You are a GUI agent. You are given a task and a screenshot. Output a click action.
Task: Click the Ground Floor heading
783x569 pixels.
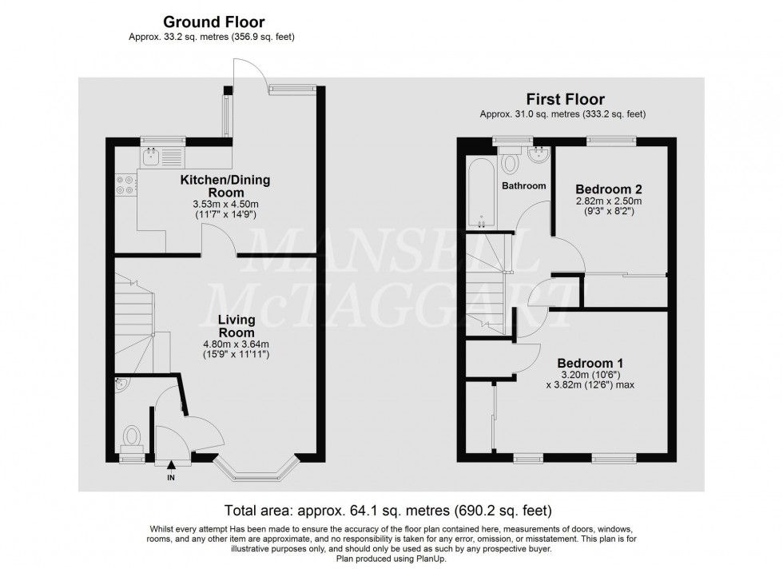[x=214, y=22]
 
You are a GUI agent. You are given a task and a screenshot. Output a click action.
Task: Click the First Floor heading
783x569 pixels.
[x=564, y=100]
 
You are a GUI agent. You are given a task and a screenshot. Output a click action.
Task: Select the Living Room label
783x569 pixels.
[x=236, y=326]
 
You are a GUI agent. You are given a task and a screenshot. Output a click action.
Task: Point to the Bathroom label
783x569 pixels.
[x=524, y=186]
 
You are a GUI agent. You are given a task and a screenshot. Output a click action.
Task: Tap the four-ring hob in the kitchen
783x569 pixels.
[x=125, y=185]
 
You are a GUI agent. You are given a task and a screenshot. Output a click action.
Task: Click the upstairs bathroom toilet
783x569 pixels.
[x=509, y=163]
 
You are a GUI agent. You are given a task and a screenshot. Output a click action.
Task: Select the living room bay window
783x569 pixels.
[x=257, y=472]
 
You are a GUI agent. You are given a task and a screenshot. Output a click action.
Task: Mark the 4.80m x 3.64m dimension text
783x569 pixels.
[x=236, y=344]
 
